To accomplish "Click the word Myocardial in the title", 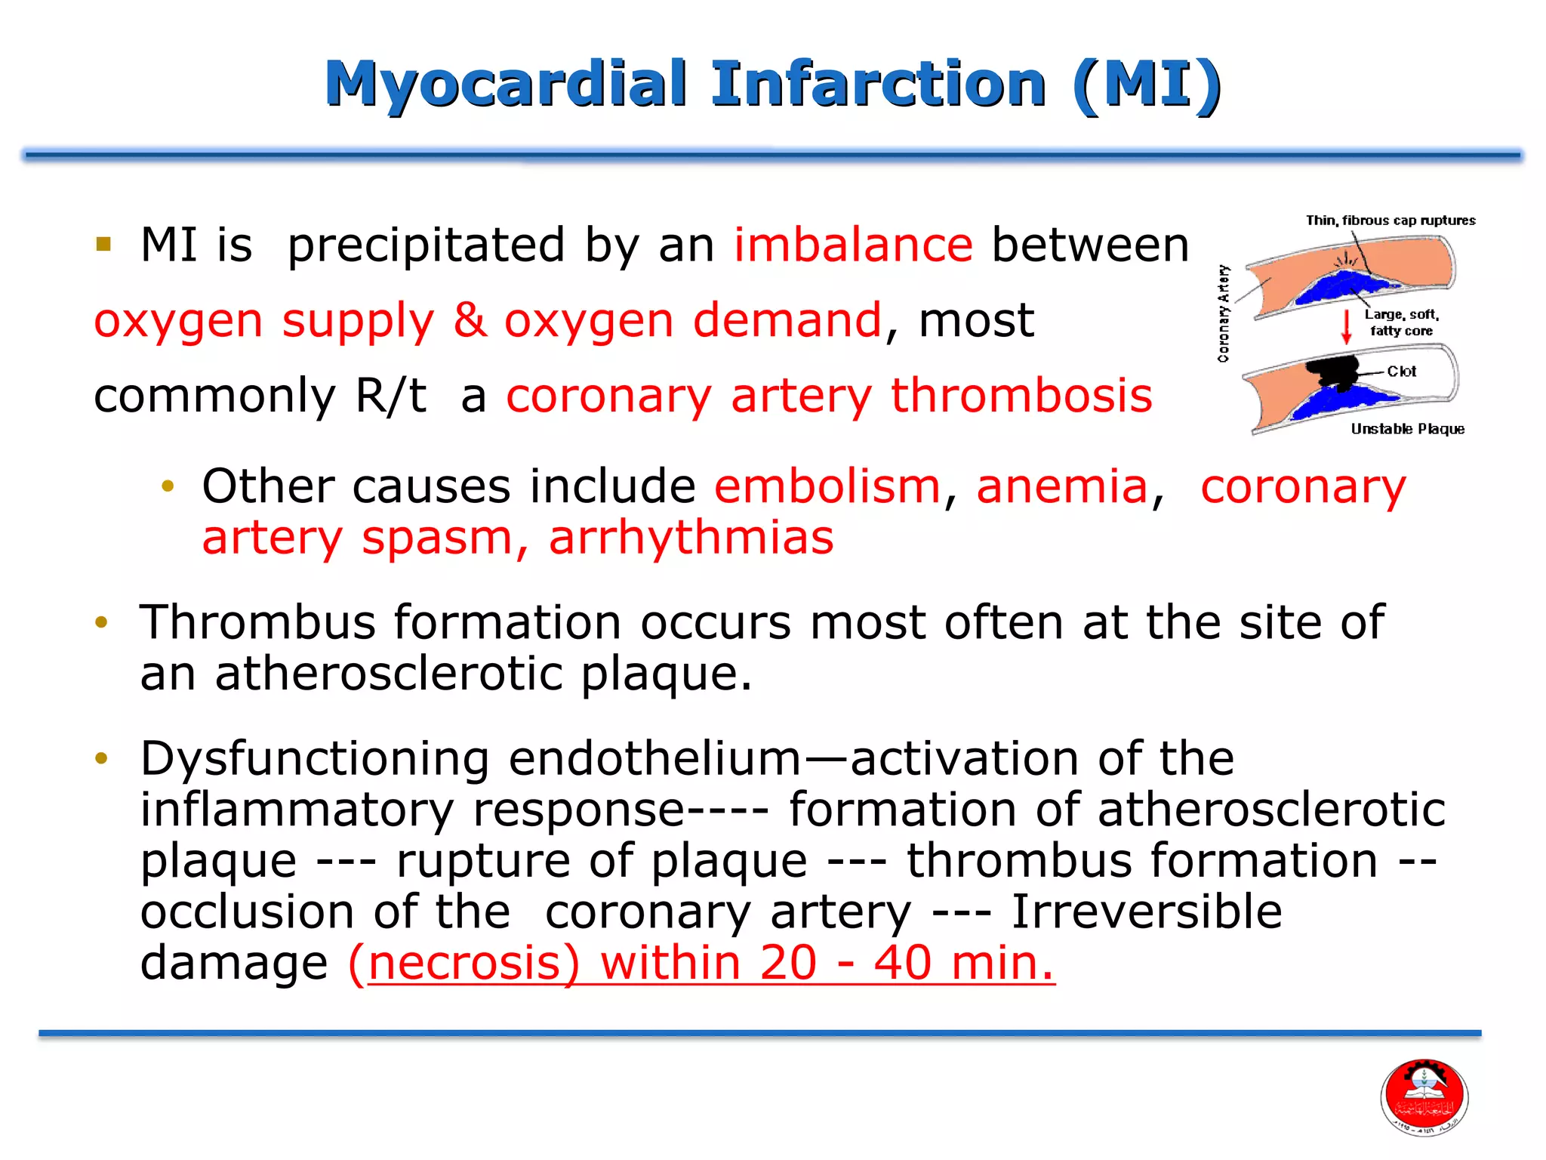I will (x=506, y=85).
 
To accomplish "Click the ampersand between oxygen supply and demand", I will (x=470, y=320).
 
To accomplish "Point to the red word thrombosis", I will (x=1021, y=395).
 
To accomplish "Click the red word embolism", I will (x=827, y=486).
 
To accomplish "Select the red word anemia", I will (x=1061, y=486).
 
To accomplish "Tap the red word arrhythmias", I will (x=691, y=538).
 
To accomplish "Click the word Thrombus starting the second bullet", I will (x=257, y=622).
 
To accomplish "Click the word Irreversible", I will (x=1146, y=912).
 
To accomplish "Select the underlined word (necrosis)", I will (x=464, y=963).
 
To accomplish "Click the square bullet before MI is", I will (x=103, y=244).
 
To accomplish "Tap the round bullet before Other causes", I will (x=168, y=486).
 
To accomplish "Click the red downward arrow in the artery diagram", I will (x=1345, y=326).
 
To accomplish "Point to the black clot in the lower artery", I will (x=1332, y=372).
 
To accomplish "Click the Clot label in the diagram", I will (x=1401, y=372).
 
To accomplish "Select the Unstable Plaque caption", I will (x=1407, y=429).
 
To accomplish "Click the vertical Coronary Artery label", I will (x=1224, y=313).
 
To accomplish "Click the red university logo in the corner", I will (x=1424, y=1097).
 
